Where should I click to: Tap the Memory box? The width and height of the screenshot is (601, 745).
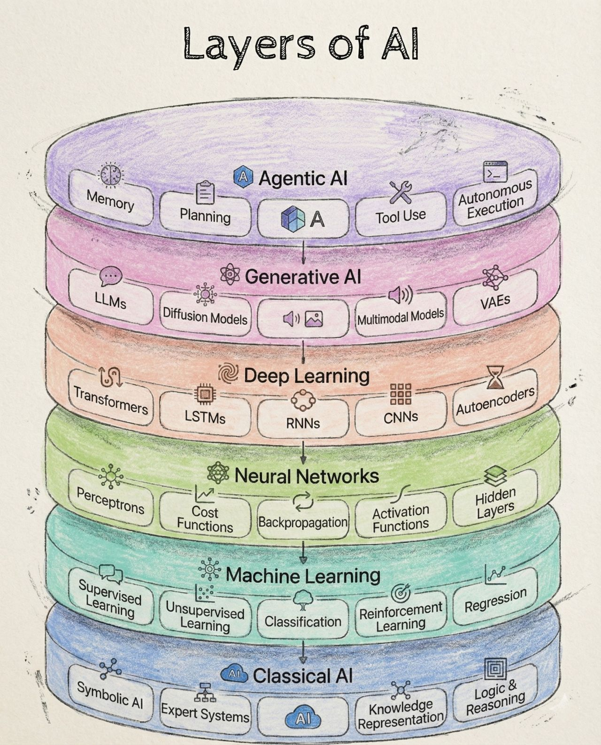coord(111,199)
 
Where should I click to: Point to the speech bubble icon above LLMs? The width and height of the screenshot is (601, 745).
coord(111,276)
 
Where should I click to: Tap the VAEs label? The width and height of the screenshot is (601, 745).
coord(495,301)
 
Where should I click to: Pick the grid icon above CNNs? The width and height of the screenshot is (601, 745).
coord(401,394)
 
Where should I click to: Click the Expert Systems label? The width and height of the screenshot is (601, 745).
coord(205,713)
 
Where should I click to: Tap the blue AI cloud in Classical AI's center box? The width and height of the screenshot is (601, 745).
coord(303,718)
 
